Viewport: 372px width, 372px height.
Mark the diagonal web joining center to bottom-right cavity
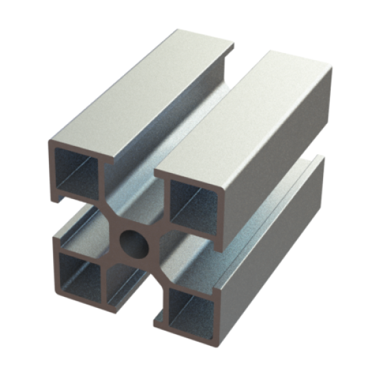(157, 270)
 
